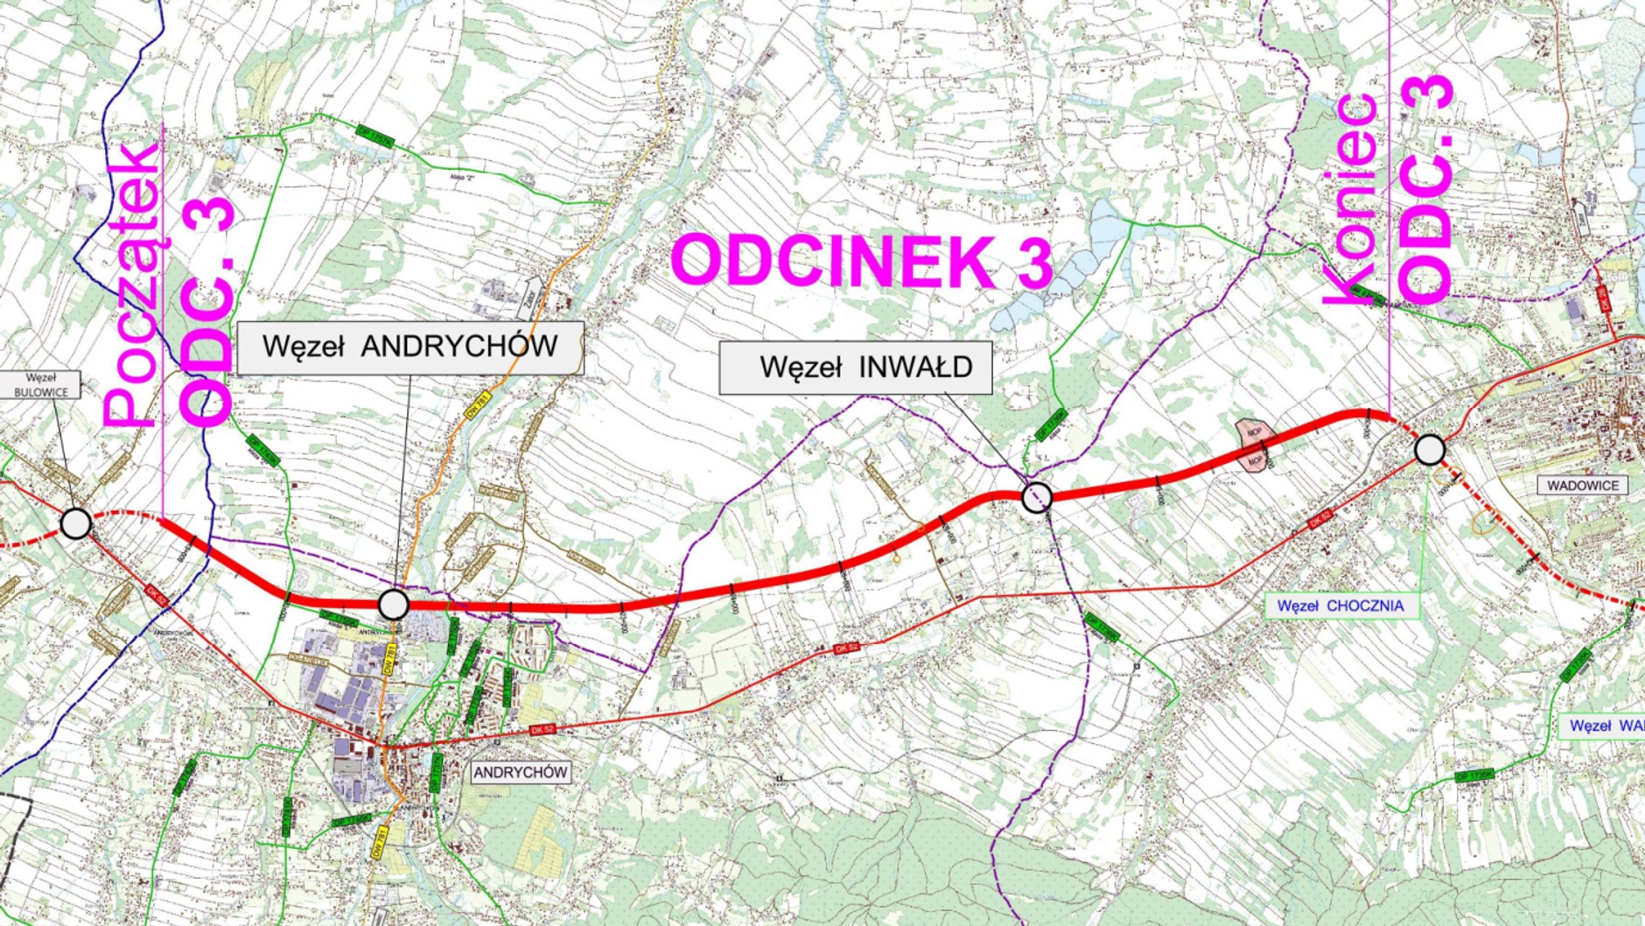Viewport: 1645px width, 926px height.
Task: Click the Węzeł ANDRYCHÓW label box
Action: [409, 347]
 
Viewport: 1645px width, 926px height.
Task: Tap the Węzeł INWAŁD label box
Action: [855, 368]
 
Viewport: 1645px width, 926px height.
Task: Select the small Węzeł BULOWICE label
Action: [40, 385]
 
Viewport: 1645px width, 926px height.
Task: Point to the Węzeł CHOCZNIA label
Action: [1340, 606]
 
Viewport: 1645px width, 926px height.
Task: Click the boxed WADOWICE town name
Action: [1582, 486]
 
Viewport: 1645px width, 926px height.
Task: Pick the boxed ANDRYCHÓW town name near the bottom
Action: [521, 773]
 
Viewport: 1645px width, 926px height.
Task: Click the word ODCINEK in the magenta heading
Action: [832, 261]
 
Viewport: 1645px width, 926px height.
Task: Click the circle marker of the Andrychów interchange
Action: [393, 604]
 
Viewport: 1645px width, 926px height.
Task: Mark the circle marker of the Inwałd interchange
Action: [1037, 497]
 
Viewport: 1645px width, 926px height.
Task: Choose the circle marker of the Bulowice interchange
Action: [76, 523]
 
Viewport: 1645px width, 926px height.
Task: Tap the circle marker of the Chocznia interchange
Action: [1430, 450]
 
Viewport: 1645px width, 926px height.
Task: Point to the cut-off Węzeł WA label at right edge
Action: [1605, 726]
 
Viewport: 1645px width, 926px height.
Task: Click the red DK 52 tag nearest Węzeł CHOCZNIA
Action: [1320, 519]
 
